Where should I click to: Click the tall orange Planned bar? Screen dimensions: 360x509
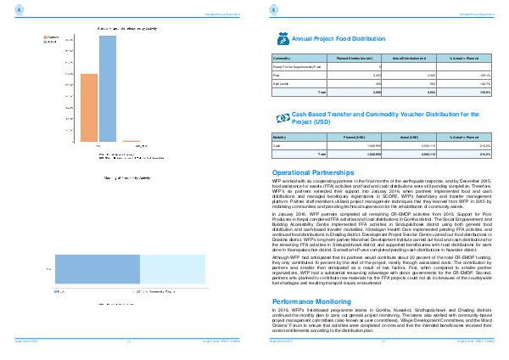[x=88, y=107]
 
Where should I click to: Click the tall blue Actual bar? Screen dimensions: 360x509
[x=107, y=88]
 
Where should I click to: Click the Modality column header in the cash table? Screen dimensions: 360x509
[x=280, y=138]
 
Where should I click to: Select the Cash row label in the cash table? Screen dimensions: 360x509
[x=277, y=146]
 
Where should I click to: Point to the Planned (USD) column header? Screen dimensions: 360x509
[x=354, y=138]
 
